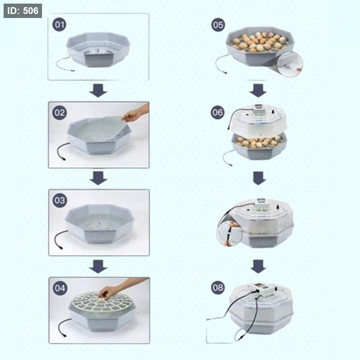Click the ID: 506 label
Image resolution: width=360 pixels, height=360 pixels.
pyautogui.click(x=23, y=11)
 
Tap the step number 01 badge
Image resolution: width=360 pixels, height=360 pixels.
pyautogui.click(x=60, y=24)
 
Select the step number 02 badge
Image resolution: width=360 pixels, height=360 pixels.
pyautogui.click(x=60, y=113)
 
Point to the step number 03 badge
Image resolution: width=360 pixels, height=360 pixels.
pyautogui.click(x=60, y=200)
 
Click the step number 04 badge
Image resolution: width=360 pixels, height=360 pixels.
pyautogui.click(x=60, y=288)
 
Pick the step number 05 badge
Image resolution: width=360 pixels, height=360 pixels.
pyautogui.click(x=218, y=25)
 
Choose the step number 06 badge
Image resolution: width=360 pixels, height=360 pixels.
pyautogui.click(x=218, y=112)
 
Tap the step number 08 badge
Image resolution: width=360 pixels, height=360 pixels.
pyautogui.click(x=218, y=288)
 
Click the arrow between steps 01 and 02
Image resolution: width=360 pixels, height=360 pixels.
pyautogui.click(x=98, y=90)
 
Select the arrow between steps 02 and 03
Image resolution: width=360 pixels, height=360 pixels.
pyautogui.click(x=98, y=178)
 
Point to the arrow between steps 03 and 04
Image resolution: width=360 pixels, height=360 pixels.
pyautogui.click(x=98, y=266)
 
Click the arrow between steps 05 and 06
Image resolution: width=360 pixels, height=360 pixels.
pyautogui.click(x=258, y=90)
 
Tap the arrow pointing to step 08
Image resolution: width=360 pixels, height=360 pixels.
pyautogui.click(x=258, y=266)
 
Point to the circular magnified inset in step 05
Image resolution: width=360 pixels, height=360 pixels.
pyautogui.click(x=290, y=64)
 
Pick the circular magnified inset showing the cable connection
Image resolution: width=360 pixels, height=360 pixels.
pyautogui.click(x=230, y=234)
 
